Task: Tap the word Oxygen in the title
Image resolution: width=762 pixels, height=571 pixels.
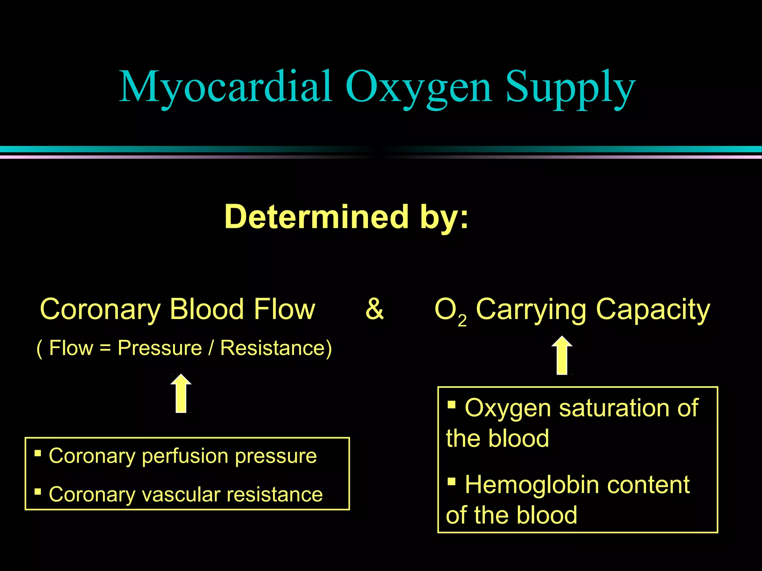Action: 419,88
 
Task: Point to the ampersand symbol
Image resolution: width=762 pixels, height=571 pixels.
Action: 374,309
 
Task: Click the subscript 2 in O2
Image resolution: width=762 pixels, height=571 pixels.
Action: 462,320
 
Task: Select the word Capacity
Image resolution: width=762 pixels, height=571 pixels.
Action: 653,310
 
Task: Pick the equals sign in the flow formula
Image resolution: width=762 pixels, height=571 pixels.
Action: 105,349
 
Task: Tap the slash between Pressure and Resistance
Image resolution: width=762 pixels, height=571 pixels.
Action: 211,348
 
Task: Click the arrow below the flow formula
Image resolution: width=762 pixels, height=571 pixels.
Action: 181,394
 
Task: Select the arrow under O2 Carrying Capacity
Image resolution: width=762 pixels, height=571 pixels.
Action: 562,356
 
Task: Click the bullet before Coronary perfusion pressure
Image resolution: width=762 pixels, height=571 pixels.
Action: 38,453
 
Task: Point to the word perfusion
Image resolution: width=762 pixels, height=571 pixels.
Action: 185,457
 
